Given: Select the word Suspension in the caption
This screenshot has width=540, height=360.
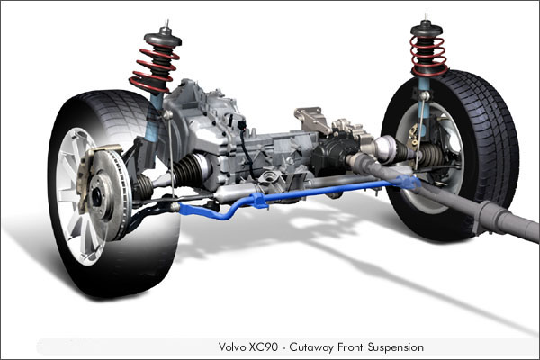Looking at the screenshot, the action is click(396, 347).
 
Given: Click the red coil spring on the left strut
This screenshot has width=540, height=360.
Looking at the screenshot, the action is click(154, 69).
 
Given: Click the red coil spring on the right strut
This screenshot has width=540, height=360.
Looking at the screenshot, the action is click(428, 56).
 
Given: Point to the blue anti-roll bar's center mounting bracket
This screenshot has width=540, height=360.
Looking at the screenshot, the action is click(257, 202).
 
